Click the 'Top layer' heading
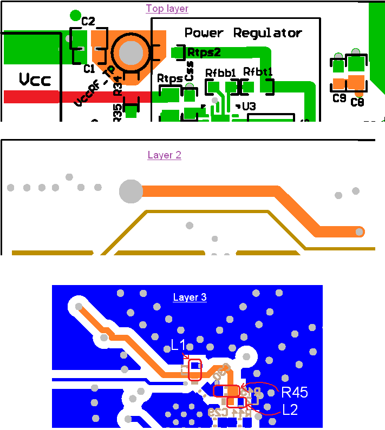(x=167, y=9)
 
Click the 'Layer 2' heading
(x=164, y=155)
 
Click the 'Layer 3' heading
(x=190, y=297)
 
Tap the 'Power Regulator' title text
(x=243, y=32)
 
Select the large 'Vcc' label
(x=35, y=80)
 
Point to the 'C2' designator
(x=88, y=22)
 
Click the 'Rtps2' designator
(x=204, y=52)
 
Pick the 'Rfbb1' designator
(x=220, y=72)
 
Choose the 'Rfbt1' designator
(x=257, y=71)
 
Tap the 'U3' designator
(x=249, y=107)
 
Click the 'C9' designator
(x=340, y=98)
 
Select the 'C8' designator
(x=357, y=102)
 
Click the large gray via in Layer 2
(x=130, y=191)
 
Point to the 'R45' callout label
(x=295, y=392)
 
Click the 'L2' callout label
(x=290, y=409)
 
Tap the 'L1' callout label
(x=178, y=345)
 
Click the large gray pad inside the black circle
(x=130, y=52)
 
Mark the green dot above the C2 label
(x=75, y=15)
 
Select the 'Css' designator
(x=189, y=74)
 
